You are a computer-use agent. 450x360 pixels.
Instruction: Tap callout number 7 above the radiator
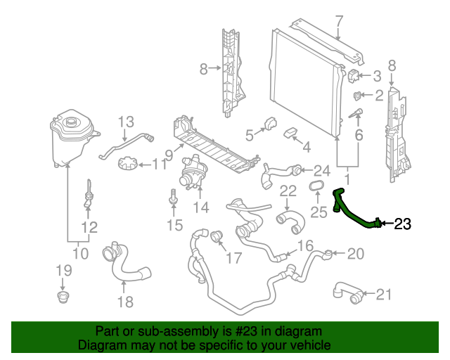pyautogui.click(x=338, y=20)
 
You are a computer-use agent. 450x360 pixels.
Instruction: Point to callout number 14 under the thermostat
pyautogui.click(x=201, y=208)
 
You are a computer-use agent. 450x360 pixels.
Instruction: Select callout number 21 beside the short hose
pyautogui.click(x=383, y=294)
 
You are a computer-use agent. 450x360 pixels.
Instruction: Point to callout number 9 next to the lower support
pyautogui.click(x=169, y=154)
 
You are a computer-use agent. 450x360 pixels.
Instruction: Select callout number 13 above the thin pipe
pyautogui.click(x=125, y=121)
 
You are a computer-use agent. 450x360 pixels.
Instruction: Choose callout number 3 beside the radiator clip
pyautogui.click(x=377, y=76)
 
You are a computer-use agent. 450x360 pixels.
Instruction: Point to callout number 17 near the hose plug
pyautogui.click(x=233, y=258)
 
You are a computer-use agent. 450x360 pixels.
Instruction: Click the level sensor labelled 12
pyautogui.click(x=89, y=196)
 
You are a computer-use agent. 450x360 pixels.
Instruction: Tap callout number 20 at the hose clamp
pyautogui.click(x=356, y=253)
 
